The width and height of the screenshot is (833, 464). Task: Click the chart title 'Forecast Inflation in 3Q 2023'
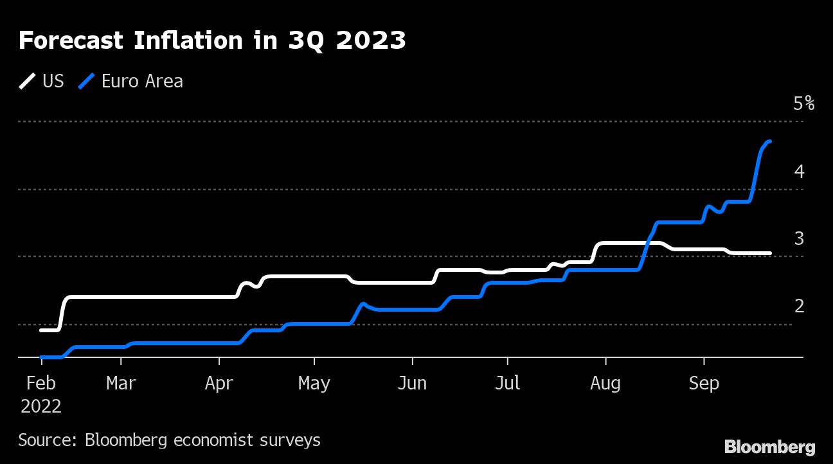(x=212, y=40)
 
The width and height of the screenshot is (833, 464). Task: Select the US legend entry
(x=42, y=81)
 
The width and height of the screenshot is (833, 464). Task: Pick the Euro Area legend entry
(x=131, y=81)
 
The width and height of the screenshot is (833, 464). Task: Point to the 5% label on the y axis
(x=803, y=103)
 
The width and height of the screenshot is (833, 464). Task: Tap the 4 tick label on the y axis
(x=799, y=171)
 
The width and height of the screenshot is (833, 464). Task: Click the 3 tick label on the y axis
(x=799, y=238)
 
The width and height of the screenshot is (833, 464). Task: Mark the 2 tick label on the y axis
(x=799, y=306)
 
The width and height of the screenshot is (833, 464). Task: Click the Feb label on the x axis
(x=41, y=384)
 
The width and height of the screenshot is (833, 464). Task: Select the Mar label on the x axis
(x=121, y=384)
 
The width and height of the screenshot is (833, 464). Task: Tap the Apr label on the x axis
(x=219, y=384)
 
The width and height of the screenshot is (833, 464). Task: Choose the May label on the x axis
(x=314, y=384)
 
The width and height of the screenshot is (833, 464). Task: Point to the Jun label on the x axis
(x=412, y=384)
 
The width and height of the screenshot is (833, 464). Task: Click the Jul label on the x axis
(x=508, y=384)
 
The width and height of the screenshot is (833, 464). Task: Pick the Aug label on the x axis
(x=605, y=384)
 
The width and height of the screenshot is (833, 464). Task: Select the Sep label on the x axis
(x=704, y=384)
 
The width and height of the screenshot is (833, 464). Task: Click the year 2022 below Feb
(x=41, y=407)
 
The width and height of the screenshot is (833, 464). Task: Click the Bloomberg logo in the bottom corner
(x=769, y=447)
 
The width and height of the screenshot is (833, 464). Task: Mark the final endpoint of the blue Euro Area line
(x=770, y=141)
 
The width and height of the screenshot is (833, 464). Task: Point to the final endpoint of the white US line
(x=770, y=253)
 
